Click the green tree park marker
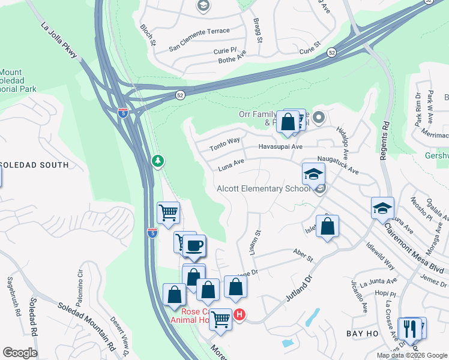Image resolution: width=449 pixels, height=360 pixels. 158,161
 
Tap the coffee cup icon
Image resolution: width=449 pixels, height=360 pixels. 194,245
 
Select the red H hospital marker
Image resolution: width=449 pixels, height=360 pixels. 240,314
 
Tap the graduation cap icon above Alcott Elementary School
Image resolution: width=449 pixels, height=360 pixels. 313,174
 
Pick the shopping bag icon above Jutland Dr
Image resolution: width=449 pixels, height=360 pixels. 327,227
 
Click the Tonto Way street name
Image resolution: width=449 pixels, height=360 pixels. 224,144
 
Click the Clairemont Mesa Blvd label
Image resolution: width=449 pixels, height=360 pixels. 414,249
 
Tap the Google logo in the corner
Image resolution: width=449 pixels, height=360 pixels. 20,352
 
